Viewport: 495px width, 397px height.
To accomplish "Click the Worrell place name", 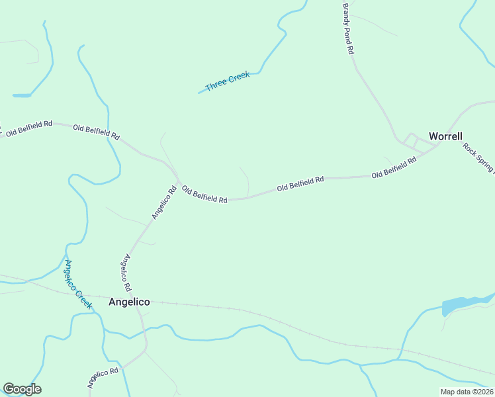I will (x=445, y=136).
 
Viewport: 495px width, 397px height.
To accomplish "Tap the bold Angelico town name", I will (x=128, y=302).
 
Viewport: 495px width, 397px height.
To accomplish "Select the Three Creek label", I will (x=228, y=81).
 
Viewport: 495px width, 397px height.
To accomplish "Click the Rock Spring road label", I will (x=478, y=157).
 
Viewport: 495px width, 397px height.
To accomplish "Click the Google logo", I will (x=22, y=389).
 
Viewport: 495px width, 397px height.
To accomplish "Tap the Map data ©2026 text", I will (x=467, y=392).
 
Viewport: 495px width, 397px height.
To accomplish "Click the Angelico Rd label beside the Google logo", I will (x=102, y=378).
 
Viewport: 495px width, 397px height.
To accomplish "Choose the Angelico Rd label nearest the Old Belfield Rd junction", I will (x=163, y=202).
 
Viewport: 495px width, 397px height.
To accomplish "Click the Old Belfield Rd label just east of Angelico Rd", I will (x=204, y=194).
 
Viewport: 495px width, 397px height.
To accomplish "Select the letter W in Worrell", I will (x=433, y=136).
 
